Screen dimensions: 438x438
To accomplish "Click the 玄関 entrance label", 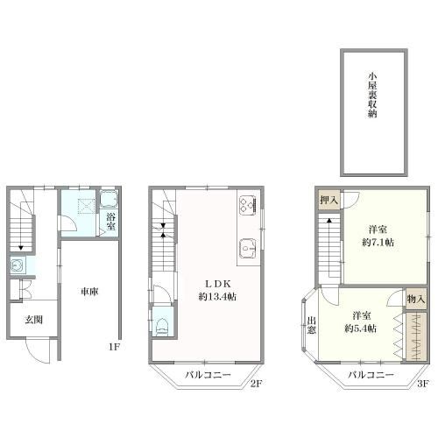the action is click(x=34, y=320).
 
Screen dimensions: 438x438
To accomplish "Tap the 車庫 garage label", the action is click(x=89, y=292).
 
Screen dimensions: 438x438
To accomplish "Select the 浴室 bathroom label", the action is click(x=110, y=222).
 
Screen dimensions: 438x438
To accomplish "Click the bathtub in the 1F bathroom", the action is click(x=109, y=200).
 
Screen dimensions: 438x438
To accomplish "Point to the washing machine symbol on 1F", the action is click(x=18, y=265).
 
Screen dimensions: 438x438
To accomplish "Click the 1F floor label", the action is click(x=114, y=347).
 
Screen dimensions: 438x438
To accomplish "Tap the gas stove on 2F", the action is click(x=248, y=205).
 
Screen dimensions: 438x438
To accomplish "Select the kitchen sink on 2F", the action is click(x=248, y=248).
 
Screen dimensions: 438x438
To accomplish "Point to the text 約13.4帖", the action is click(x=217, y=297).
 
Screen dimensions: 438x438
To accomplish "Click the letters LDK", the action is click(x=218, y=284).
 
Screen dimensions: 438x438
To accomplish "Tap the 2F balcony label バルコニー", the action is click(x=208, y=375).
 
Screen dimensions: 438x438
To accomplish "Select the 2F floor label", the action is click(x=257, y=384).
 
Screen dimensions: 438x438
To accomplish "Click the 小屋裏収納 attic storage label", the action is click(x=372, y=95).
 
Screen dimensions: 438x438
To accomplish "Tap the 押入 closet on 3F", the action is click(x=328, y=200).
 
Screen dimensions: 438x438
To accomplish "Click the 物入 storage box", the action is click(x=416, y=299).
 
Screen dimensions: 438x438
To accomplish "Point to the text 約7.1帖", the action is click(x=378, y=243).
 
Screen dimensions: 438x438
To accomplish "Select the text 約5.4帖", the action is click(x=361, y=328).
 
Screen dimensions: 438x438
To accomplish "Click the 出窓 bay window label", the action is click(x=312, y=325).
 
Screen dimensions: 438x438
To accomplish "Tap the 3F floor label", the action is click(x=422, y=384).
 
